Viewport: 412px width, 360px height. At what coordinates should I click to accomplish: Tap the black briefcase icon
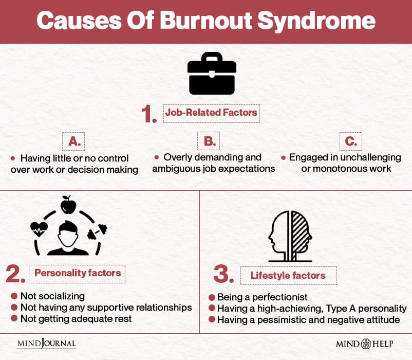212,74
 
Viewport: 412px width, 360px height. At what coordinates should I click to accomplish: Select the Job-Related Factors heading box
212,113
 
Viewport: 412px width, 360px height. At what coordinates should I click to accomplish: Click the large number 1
149,114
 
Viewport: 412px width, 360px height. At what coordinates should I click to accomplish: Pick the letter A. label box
73,141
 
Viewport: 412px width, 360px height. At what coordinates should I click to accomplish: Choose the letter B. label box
209,141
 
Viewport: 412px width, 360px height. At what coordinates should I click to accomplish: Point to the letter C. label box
351,141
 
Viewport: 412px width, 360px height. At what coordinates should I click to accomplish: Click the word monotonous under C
340,169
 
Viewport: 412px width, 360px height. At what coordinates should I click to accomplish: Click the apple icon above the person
68,205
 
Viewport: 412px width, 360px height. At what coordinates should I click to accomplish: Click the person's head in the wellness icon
68,234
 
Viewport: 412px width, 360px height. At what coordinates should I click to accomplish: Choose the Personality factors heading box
77,274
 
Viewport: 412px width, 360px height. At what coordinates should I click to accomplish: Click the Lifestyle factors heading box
289,275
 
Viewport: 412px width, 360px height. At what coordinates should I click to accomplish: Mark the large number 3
223,274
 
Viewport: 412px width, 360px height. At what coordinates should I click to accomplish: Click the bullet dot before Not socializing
14,296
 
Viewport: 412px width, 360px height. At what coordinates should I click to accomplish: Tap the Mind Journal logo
47,343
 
